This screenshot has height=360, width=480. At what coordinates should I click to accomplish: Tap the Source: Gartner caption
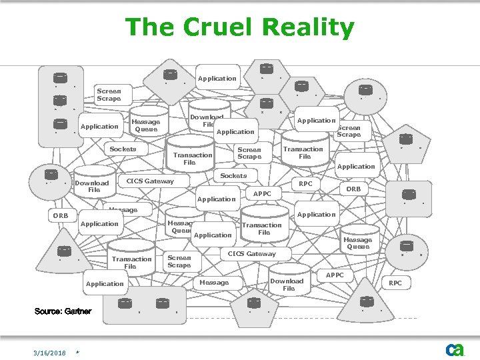pos(63,311)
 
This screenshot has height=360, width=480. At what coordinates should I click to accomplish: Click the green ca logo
pos(455,349)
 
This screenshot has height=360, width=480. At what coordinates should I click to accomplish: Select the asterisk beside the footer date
pos(78,352)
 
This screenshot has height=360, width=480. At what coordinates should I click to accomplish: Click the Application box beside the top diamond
pos(217,79)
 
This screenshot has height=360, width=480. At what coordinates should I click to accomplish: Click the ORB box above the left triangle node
pos(61,216)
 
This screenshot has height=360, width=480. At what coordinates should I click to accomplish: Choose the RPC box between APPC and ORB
pos(305,183)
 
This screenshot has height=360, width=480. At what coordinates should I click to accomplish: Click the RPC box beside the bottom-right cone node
pos(395,283)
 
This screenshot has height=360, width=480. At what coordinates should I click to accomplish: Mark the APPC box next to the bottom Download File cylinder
pos(335,275)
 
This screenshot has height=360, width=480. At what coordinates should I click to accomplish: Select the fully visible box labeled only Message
pos(214,283)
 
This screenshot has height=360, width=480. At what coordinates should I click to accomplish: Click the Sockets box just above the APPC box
pos(233,176)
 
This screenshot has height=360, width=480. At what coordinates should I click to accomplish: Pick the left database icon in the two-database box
pos(125,303)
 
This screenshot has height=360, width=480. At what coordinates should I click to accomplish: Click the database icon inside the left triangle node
pos(64,251)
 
